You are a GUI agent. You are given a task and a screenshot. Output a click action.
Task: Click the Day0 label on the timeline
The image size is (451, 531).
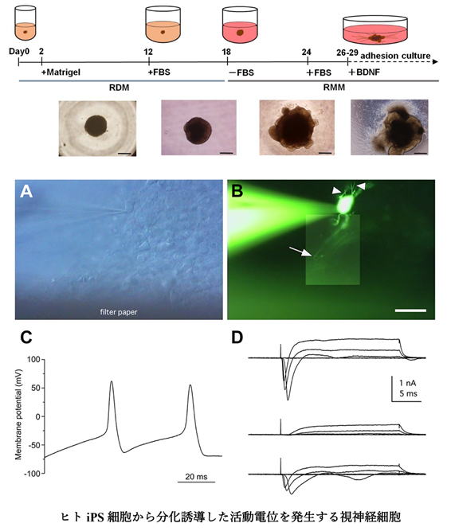click(x=19, y=52)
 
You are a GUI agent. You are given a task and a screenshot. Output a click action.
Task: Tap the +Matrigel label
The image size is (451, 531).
click(x=61, y=72)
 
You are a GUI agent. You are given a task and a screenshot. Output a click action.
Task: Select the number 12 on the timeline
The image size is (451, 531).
click(x=148, y=52)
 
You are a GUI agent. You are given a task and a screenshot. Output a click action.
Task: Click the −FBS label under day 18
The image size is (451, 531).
click(x=241, y=72)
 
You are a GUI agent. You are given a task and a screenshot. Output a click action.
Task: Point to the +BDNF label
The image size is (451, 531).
click(x=365, y=72)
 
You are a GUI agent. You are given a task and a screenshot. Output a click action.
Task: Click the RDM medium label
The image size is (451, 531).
click(x=120, y=88)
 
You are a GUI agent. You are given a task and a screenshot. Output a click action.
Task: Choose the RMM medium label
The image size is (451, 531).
click(x=334, y=88)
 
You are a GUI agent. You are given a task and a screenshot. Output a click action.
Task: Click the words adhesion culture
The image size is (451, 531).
click(x=395, y=56)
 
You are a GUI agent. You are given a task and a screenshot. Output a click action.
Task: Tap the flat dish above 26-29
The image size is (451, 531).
click(x=375, y=29)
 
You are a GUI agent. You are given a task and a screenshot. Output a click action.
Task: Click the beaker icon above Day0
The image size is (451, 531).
click(x=25, y=22)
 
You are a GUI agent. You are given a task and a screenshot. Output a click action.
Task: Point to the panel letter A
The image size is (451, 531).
click(x=26, y=191)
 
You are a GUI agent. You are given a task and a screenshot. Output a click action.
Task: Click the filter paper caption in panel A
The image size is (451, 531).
click(x=119, y=312)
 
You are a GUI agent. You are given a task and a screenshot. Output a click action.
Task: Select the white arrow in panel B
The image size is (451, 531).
click(x=300, y=252)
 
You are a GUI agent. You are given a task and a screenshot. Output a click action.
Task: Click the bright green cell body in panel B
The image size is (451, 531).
click(x=344, y=205)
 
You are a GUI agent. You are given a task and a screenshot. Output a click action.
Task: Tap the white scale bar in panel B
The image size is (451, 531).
click(x=410, y=310)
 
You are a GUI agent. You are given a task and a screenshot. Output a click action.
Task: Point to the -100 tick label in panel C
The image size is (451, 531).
click(x=33, y=474)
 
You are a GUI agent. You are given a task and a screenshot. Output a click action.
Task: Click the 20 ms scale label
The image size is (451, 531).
click(x=196, y=477)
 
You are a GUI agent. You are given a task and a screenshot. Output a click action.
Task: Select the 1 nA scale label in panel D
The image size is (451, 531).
click(x=408, y=383)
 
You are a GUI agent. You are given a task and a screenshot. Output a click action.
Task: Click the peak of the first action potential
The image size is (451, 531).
click(x=112, y=381)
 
